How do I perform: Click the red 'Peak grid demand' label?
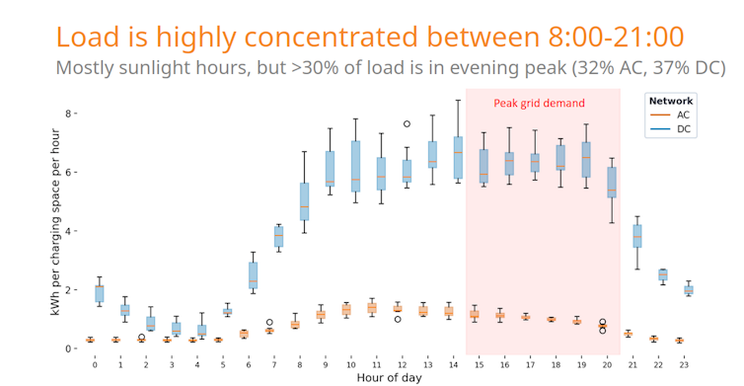[540, 103]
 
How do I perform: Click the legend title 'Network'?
[670, 101]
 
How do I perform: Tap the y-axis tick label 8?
[70, 114]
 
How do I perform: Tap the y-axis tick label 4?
[70, 231]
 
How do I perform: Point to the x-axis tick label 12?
[403, 364]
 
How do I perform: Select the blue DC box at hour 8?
[304, 200]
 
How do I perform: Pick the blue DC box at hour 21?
[637, 236]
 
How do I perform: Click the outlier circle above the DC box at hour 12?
[407, 124]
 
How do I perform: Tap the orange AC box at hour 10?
[346, 310]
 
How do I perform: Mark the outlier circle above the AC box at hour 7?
[269, 322]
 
